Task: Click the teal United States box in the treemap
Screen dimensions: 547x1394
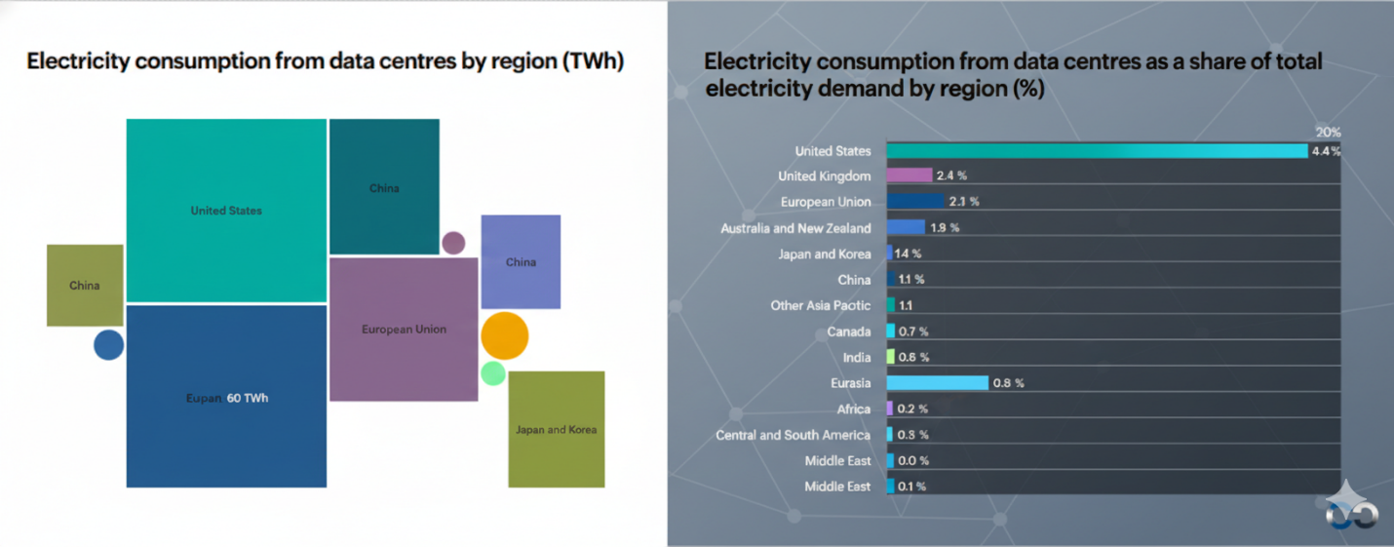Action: click(226, 211)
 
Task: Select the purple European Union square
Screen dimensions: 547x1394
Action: click(404, 330)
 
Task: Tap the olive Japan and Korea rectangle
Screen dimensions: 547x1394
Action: click(556, 429)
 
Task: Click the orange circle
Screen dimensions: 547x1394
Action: click(504, 336)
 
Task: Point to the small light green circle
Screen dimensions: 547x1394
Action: click(493, 372)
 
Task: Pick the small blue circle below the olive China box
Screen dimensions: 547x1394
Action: click(108, 345)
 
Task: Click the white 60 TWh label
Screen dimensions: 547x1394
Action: click(248, 398)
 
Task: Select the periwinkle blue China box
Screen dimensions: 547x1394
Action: click(521, 261)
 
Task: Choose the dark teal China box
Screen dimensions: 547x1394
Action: click(384, 187)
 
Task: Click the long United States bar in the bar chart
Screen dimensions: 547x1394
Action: click(1096, 151)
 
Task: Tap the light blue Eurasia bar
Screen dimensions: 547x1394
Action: click(937, 383)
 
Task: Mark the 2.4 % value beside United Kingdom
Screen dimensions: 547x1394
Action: click(951, 176)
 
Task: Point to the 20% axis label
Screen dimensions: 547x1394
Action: click(1328, 133)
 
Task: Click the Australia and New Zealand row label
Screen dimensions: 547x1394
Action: click(795, 228)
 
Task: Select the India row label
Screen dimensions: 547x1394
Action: click(857, 358)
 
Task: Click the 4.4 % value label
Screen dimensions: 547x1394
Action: click(1326, 151)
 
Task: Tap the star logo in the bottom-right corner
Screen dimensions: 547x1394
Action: click(1351, 504)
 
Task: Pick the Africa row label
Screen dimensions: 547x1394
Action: click(854, 410)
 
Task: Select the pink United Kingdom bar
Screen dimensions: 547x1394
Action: click(910, 176)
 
